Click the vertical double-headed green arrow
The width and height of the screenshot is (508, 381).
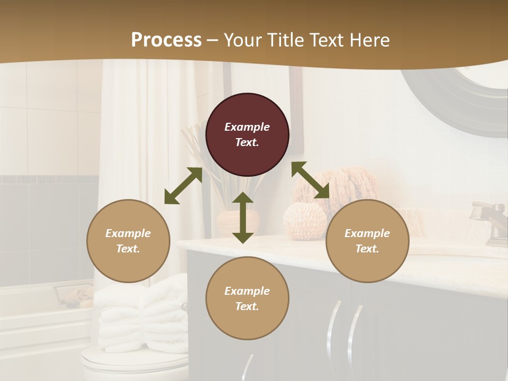pos(243,217)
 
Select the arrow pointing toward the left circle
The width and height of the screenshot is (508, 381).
pos(183,186)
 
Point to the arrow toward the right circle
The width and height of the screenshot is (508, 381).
pos(311,180)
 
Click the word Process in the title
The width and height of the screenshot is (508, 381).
pos(166,40)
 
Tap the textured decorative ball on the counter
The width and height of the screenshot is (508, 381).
pos(304,221)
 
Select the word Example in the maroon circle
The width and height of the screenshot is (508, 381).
pos(247,127)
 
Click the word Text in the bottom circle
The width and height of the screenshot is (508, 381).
pos(247,306)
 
